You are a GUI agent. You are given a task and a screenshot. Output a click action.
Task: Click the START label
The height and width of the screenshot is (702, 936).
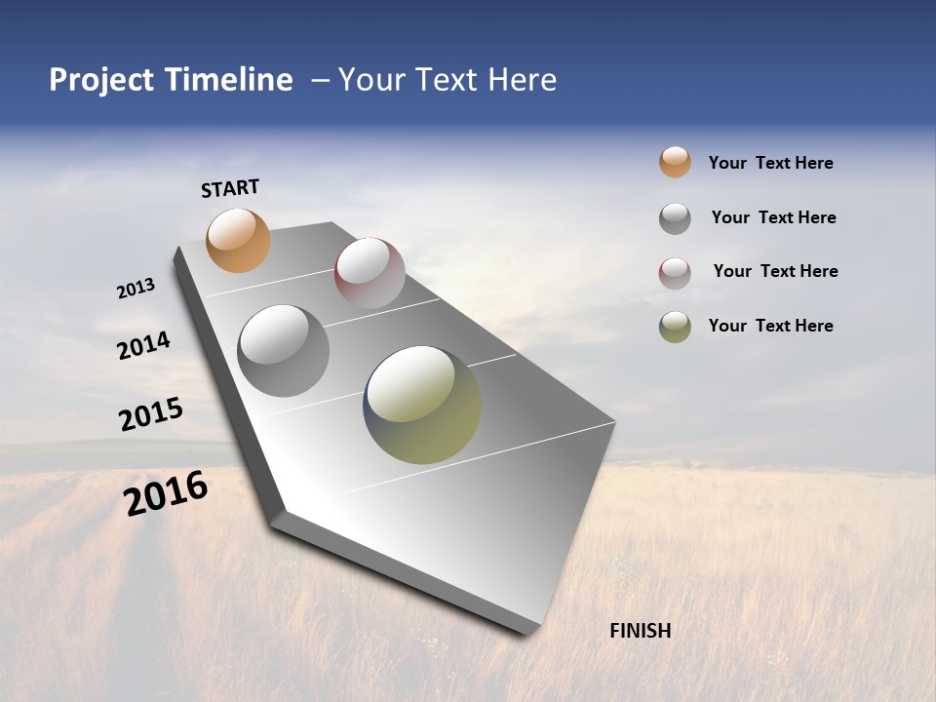click(x=230, y=188)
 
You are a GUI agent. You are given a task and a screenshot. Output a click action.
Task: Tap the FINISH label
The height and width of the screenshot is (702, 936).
click(x=640, y=631)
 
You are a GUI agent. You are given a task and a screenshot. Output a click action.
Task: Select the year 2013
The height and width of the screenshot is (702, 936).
click(x=136, y=289)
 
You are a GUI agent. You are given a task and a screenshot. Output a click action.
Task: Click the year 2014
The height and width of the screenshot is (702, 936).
click(x=143, y=345)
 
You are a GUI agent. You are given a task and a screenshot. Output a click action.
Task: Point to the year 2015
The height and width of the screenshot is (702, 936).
click(x=151, y=413)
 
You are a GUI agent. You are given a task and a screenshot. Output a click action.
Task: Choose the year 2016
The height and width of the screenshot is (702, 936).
click(x=166, y=493)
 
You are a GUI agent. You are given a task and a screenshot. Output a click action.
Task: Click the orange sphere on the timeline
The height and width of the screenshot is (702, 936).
click(x=238, y=240)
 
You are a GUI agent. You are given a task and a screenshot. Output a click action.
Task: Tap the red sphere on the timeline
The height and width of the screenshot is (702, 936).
click(x=370, y=272)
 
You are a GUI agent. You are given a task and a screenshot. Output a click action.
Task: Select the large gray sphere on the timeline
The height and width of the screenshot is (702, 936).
click(x=283, y=351)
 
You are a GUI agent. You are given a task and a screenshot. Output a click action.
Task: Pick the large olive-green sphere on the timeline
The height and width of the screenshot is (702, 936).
click(x=422, y=405)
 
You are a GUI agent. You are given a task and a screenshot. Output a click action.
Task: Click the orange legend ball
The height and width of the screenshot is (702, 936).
click(x=675, y=162)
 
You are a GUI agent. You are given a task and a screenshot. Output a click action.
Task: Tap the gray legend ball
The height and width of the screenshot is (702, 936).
click(x=675, y=218)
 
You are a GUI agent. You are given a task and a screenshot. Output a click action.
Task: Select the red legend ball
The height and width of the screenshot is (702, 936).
click(x=675, y=273)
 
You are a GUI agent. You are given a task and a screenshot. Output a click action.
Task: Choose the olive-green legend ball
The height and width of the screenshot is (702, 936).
click(x=675, y=327)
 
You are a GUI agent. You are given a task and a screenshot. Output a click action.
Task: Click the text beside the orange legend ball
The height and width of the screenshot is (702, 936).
click(x=770, y=163)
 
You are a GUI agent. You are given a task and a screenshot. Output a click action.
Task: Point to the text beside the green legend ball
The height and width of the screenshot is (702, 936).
click(x=770, y=326)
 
